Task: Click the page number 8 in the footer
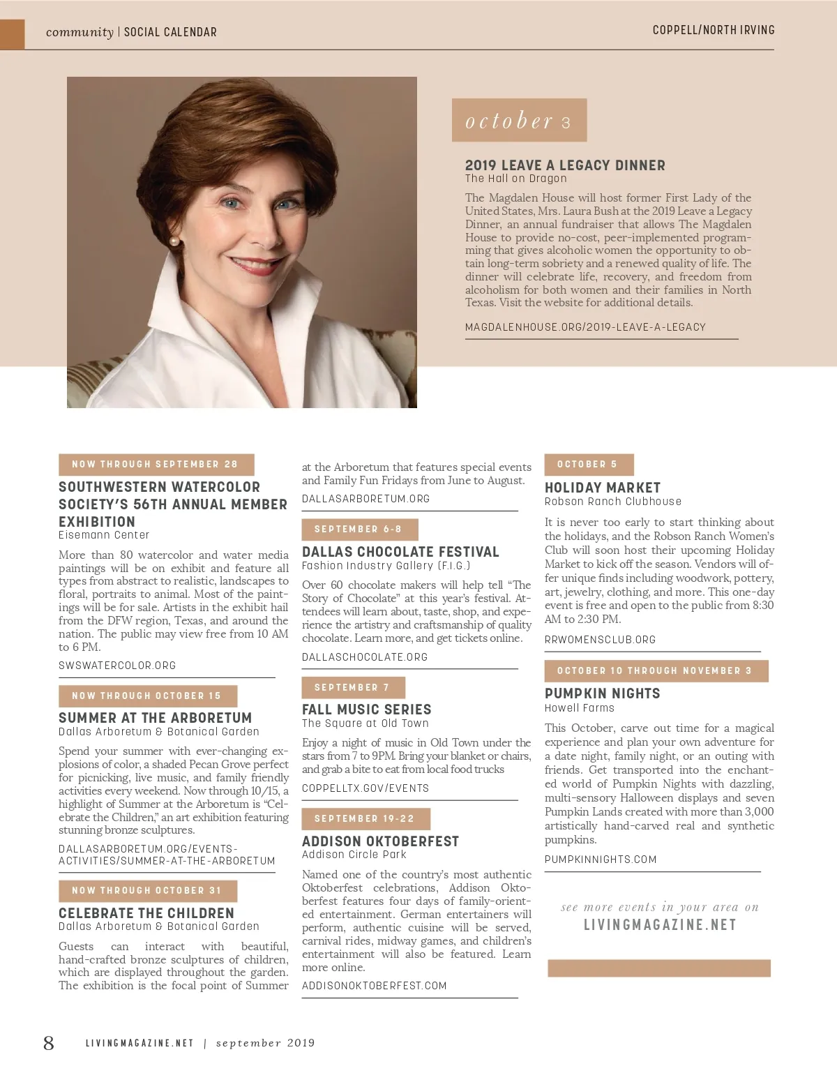tap(49, 1043)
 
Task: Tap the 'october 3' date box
tap(519, 121)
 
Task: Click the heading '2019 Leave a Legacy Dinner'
tap(565, 165)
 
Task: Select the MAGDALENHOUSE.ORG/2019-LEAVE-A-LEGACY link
tap(585, 327)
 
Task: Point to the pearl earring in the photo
tap(174, 241)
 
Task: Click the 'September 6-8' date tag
tap(361, 530)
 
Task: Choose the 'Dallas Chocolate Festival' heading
tap(400, 552)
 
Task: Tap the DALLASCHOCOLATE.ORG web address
tap(365, 657)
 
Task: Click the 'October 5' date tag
tap(588, 465)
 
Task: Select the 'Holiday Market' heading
tap(602, 488)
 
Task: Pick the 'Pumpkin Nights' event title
tap(602, 693)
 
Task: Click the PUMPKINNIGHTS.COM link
tap(601, 860)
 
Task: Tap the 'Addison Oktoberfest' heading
tap(380, 841)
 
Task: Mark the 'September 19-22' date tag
tap(365, 819)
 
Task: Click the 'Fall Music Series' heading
tap(366, 710)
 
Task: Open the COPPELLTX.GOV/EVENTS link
tap(365, 788)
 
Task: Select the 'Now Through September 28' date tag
tap(156, 465)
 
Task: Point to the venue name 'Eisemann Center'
tap(104, 535)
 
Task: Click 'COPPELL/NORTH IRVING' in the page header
tap(714, 30)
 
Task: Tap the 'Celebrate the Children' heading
tap(146, 913)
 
